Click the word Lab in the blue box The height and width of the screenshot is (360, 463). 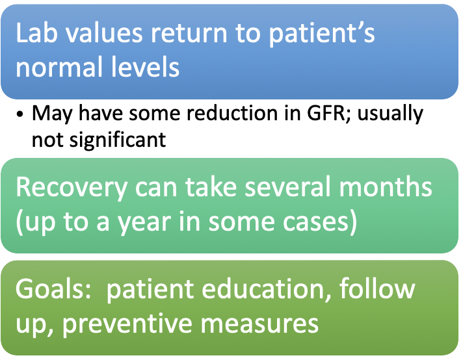click(36, 32)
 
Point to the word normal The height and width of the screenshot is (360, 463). click(59, 67)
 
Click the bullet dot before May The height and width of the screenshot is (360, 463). click(20, 114)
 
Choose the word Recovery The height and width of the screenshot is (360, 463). click(72, 188)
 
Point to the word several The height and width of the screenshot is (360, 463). click(287, 187)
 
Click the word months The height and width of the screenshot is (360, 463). click(386, 187)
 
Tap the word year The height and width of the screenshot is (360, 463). click(145, 222)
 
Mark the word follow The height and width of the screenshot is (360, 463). click(377, 289)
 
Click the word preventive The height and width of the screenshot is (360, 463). click(127, 324)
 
